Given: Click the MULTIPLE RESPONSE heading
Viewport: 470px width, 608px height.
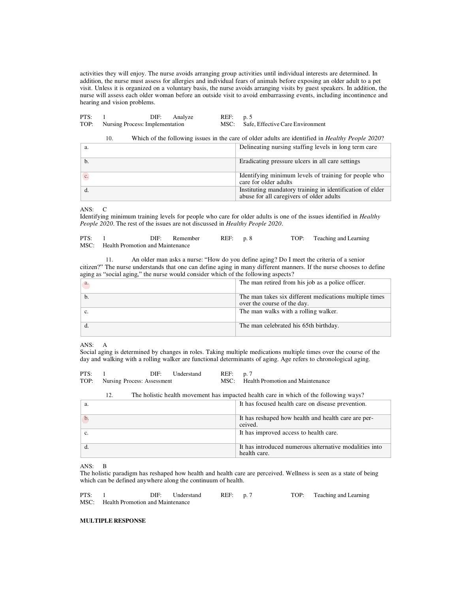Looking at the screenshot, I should coord(113,521).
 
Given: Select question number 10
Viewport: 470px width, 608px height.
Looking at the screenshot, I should coord(109,138).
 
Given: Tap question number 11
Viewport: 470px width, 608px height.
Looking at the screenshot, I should coord(109,260).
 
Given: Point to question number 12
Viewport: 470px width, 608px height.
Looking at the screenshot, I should coord(109,395).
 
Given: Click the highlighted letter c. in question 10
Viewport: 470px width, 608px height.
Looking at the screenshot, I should coord(86,176).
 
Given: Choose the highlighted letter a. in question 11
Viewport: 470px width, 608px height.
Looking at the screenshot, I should coord(86,284).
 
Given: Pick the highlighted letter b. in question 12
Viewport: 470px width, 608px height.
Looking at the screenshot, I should coord(86,418).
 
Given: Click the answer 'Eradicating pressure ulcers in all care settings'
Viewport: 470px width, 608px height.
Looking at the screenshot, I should coord(299,161).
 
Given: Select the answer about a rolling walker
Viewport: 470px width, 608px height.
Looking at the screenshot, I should coord(288,311).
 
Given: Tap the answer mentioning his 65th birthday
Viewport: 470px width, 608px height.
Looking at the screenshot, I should coord(289,326).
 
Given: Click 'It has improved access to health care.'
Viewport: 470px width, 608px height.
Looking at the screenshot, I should coord(288,433).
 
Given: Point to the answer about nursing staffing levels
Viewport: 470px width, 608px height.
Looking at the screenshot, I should coord(308,147).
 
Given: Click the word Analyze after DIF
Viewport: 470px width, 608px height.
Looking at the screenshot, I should coord(183,117).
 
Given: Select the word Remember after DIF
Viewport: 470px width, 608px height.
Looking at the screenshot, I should coord(186,238).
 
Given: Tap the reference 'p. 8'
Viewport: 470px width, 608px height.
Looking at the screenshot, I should coord(248,238).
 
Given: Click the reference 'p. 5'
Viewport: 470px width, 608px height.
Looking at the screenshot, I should coord(248,117).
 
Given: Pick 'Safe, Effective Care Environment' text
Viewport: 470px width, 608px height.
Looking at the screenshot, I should coord(284,124).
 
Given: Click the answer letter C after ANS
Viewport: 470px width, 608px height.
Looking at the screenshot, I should coord(105,209).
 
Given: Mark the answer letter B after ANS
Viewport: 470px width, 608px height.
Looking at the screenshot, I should coord(105,466).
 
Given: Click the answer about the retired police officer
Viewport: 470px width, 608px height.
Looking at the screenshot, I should coord(302,282).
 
